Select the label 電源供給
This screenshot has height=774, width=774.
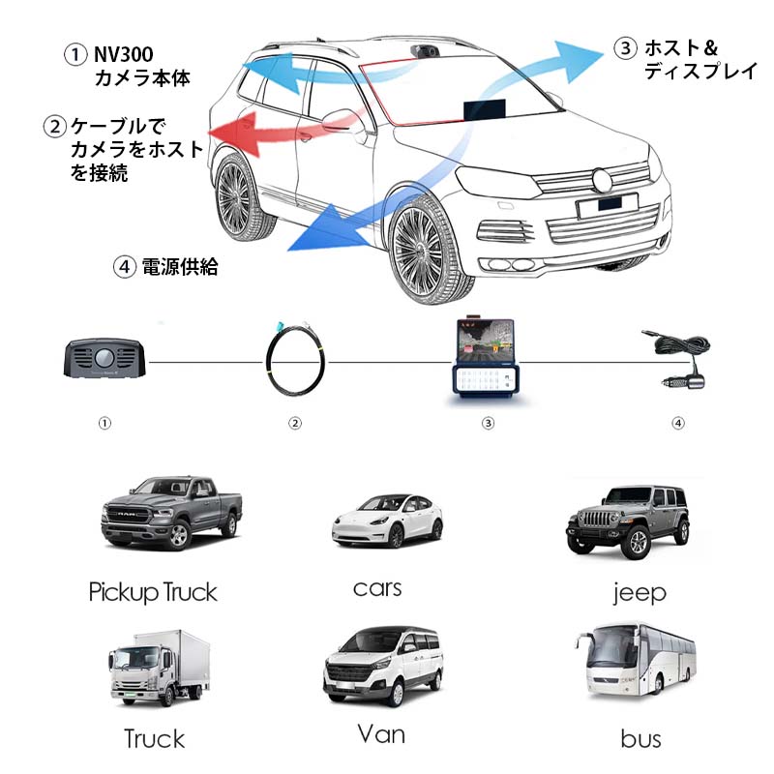tap(179, 268)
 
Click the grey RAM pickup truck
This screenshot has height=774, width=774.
tap(171, 512)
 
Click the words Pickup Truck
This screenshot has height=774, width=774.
tap(153, 592)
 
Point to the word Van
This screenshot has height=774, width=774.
tap(381, 733)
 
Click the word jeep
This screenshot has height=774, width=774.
tap(640, 592)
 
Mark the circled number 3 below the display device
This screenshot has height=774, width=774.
tap(488, 423)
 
